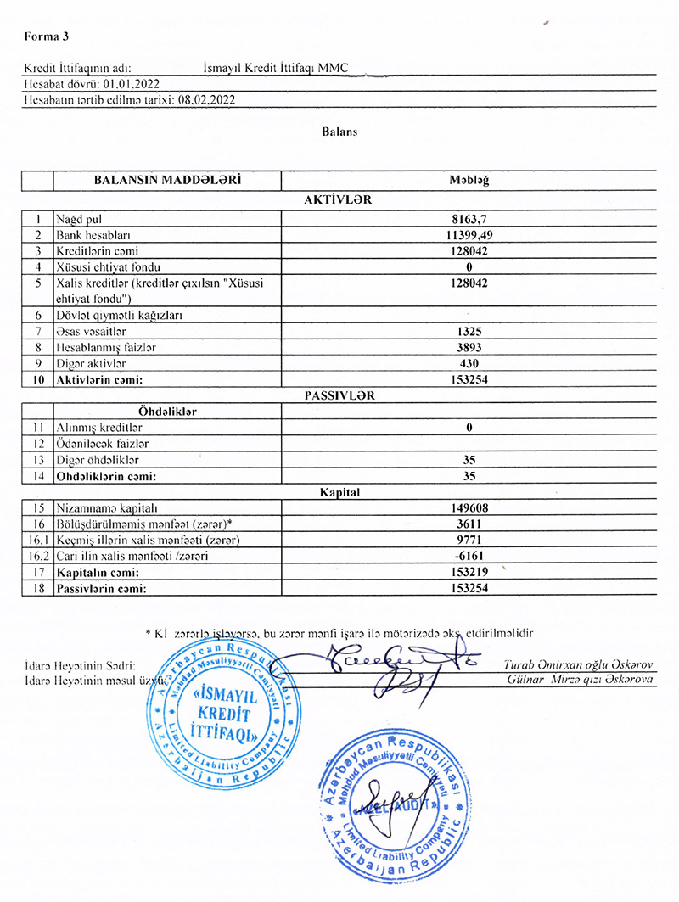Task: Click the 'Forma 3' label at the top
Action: click(47, 36)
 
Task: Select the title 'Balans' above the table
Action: click(339, 132)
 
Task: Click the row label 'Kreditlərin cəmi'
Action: click(97, 251)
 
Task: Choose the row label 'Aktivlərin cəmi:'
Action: click(98, 380)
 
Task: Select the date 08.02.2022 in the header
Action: click(206, 99)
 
